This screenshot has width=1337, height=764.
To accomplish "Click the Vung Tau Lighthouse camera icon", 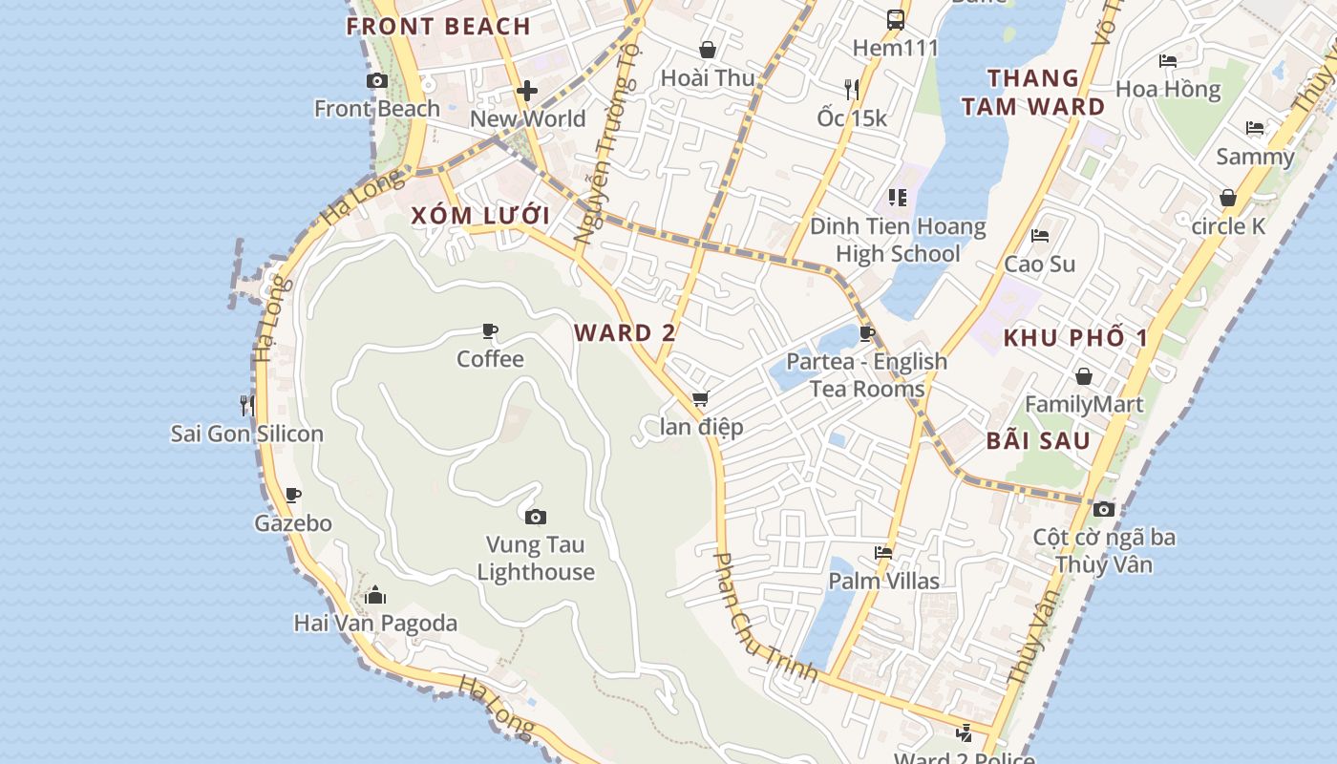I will pos(536,517).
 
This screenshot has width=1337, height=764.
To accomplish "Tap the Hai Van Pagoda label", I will pos(375,624).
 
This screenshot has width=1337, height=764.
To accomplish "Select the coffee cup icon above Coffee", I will pos(490,331).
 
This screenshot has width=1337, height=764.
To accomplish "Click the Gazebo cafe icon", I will pos(293,495).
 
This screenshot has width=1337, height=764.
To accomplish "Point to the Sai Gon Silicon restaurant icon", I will pos(247,405).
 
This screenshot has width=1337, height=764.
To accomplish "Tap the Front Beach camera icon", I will pos(377,81).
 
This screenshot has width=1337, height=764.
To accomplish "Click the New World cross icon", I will pos(527,91).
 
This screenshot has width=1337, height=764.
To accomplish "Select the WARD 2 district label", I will pos(625,333).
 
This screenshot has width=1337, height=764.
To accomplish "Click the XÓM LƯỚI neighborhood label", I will pos(480,216).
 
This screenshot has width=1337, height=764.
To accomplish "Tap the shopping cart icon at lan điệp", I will pos(701,398).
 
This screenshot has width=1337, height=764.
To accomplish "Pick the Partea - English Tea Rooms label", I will pos(866,375).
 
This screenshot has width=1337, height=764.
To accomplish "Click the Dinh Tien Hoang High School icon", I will pos(897,198).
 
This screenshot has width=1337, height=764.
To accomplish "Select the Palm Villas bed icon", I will pos(883,553).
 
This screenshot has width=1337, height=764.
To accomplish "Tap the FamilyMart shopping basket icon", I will pos(1083,376).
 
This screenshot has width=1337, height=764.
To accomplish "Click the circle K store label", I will pos(1228,226).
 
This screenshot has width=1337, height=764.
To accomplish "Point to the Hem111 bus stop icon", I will pos(896,19).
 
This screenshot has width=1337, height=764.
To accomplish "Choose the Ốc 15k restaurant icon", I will pos(852,90).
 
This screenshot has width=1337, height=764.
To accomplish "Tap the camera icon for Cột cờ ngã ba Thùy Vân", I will pos(1104,509).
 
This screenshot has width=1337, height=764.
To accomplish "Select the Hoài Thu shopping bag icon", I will pos(708,50).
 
